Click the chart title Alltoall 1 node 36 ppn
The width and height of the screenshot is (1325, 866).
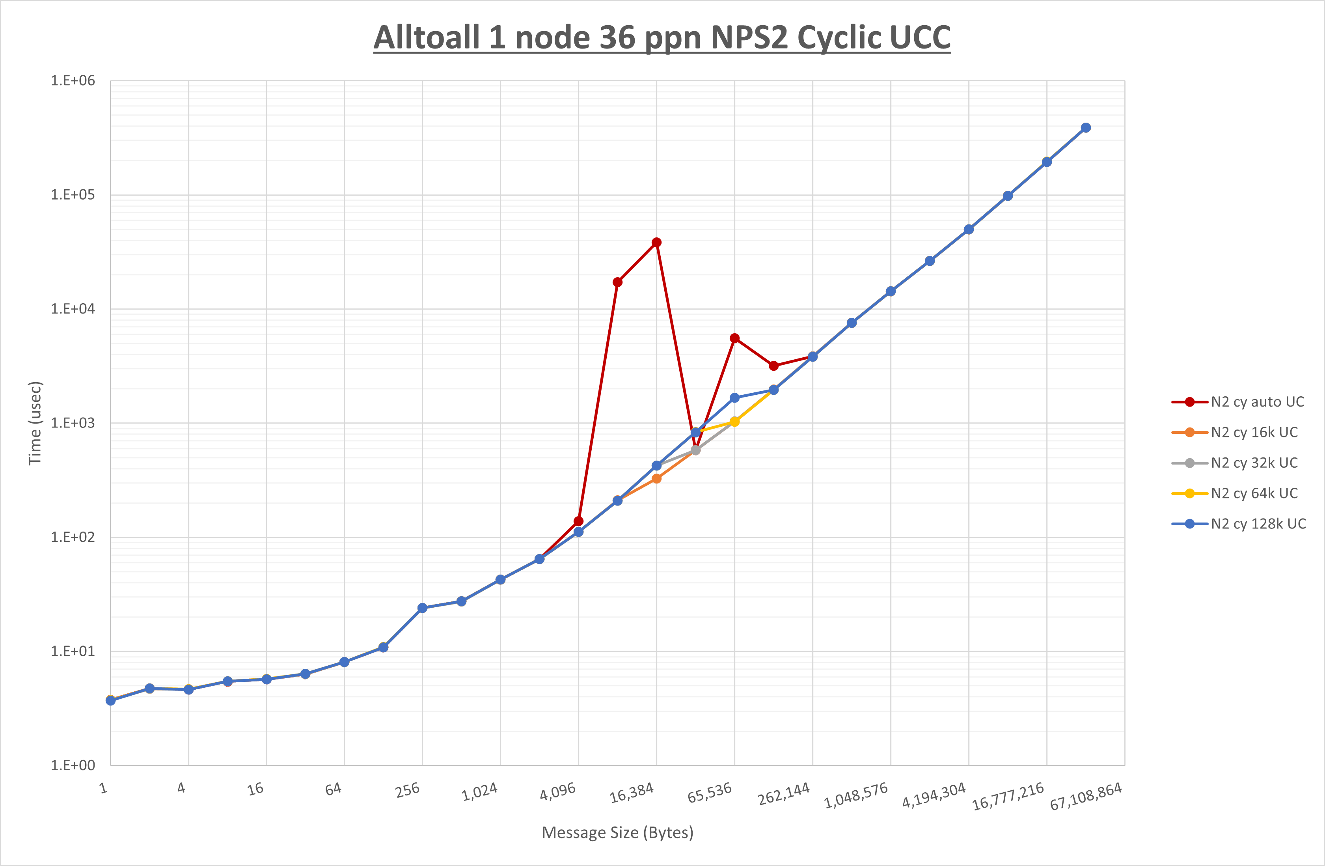click(x=662, y=38)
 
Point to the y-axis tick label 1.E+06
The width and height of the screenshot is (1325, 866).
click(x=73, y=81)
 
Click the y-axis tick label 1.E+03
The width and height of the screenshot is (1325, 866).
click(x=73, y=423)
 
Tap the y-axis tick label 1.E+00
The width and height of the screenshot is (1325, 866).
click(x=73, y=765)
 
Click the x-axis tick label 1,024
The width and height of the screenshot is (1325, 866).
click(x=479, y=792)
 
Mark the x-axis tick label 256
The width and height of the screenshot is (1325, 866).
click(x=408, y=790)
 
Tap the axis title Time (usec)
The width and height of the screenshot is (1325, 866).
click(x=35, y=423)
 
